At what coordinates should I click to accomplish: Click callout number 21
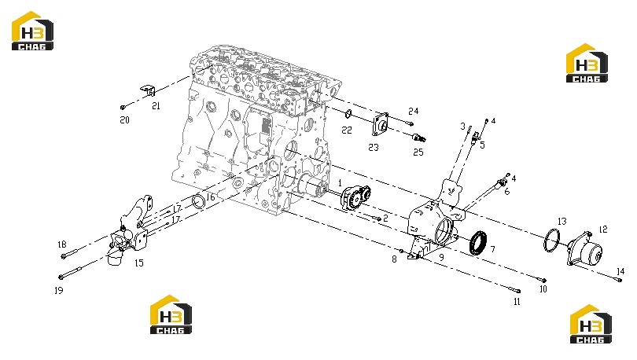156,106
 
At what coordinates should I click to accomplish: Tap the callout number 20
125,120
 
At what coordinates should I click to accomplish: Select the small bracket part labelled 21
148,90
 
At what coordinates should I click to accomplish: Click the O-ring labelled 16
199,201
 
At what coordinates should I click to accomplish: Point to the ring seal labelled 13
551,240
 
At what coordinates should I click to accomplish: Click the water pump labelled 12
584,248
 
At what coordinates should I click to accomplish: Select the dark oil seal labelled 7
479,243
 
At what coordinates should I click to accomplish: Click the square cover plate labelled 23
381,124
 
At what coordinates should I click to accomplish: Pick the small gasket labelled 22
348,114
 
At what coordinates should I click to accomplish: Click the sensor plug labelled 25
419,138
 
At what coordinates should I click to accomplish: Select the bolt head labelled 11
517,291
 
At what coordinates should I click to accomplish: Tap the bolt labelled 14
619,280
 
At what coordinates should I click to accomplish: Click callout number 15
139,263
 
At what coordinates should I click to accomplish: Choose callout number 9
442,257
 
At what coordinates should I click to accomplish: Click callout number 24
413,111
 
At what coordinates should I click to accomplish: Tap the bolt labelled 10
543,280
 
